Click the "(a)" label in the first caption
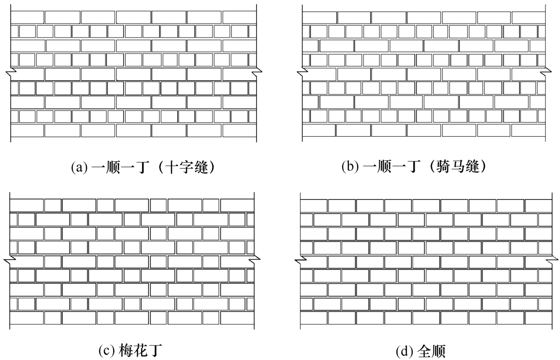click(79, 167)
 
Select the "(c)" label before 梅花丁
click(106, 351)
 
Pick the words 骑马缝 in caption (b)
click(458, 167)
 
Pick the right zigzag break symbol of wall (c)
click(254, 260)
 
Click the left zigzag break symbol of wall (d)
click(300, 260)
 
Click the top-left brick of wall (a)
click(28, 17)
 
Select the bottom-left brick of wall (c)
click(26, 318)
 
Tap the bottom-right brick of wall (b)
click(529, 130)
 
